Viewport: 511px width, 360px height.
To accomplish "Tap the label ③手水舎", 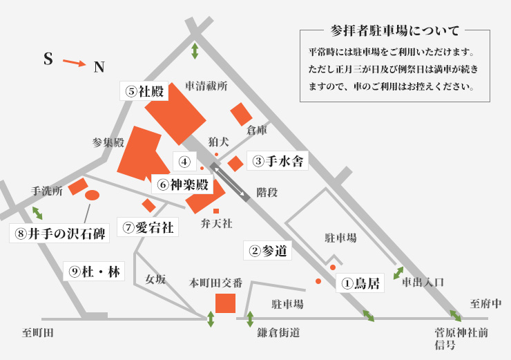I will pos(277,162).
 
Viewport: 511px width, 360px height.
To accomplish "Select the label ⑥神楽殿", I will pos(182,184).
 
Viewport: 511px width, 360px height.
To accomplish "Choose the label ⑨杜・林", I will pos(95,272).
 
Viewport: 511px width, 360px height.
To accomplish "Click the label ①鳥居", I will pos(359,283).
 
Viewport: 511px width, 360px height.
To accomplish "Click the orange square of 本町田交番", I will pos(225,303).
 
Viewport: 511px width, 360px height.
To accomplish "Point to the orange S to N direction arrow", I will pos(74,64).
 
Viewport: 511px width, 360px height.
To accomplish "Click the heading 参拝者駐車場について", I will pos(395,30).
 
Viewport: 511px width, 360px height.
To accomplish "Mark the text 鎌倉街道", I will pos(274,333).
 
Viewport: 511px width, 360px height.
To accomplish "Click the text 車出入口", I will pos(423,282).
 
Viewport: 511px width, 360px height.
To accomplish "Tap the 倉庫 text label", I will pos(257,130).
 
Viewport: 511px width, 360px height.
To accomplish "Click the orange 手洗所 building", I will pos(77,187).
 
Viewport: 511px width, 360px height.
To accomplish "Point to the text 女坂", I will pos(155,280).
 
